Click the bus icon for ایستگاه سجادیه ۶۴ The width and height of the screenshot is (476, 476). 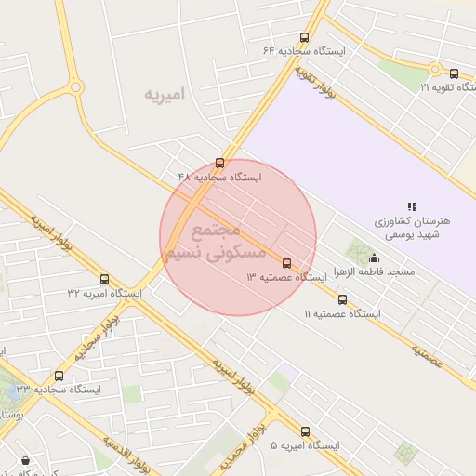point(305,37)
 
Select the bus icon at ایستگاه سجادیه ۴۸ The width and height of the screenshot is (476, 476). point(220,163)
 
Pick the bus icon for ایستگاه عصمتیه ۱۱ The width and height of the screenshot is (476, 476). point(343,299)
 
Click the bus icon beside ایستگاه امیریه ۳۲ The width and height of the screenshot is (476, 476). point(104,279)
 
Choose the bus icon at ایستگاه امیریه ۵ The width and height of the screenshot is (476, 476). point(306,431)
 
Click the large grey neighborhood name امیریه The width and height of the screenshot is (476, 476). point(165,94)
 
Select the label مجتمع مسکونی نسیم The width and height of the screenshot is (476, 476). point(216,240)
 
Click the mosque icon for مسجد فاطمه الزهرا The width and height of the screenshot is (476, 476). point(375,258)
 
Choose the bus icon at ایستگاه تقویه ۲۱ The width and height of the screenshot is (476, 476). point(454,73)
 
